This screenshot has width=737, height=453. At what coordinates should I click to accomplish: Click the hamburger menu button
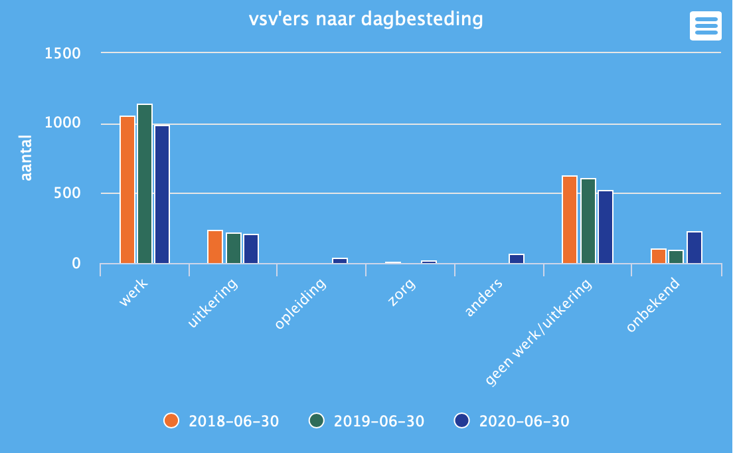click(x=705, y=26)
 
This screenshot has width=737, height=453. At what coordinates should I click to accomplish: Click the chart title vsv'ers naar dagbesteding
click(x=366, y=19)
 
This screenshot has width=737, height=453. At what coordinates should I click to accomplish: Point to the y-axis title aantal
click(x=26, y=157)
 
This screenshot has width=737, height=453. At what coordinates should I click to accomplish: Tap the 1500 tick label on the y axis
click(x=62, y=53)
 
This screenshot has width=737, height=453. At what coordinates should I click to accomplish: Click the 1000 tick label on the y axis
click(x=62, y=124)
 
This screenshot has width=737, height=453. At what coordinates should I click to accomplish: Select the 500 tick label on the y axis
click(x=67, y=193)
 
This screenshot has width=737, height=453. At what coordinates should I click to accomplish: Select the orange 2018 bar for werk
click(x=127, y=190)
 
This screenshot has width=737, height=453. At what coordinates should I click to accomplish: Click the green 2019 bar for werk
click(x=145, y=184)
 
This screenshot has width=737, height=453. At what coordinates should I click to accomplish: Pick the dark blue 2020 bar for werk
click(x=162, y=195)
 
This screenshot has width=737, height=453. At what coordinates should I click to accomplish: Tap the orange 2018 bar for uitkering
click(x=215, y=247)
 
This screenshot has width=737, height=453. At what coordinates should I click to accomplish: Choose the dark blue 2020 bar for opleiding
click(x=340, y=260)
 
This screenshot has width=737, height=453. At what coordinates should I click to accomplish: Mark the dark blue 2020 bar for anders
click(x=517, y=258)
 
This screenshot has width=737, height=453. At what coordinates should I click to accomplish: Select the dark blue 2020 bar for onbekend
click(x=695, y=247)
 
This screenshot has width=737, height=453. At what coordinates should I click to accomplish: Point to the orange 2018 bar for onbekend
click(x=659, y=256)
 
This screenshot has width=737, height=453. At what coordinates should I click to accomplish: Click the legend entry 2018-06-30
click(x=222, y=421)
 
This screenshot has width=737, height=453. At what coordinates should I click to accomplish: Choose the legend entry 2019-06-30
click(x=367, y=421)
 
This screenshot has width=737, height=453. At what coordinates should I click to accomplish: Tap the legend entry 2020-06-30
click(x=512, y=421)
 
